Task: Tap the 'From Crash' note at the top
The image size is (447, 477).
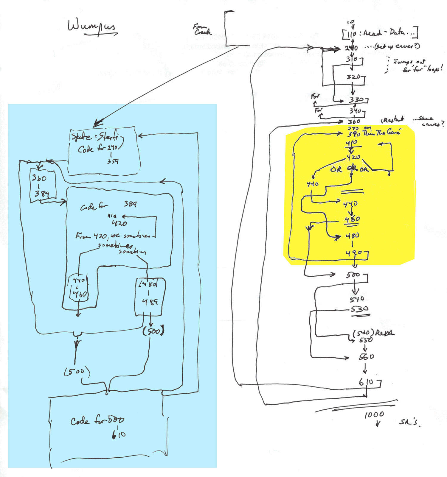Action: coord(202,29)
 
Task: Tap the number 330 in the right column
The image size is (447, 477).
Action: coord(356,100)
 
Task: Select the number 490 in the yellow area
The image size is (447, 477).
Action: coord(354,253)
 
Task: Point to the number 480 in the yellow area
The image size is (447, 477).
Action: coord(353,236)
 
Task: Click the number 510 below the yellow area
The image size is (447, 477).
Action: coord(357,299)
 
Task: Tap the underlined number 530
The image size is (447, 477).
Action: coord(360,309)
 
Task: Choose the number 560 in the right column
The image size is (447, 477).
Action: coord(366,356)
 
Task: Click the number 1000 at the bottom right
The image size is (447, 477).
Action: coord(374,414)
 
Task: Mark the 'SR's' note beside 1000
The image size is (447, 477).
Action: coord(410,422)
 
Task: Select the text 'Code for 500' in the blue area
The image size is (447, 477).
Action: coord(97,421)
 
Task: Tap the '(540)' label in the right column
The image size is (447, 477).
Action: coord(361,333)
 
